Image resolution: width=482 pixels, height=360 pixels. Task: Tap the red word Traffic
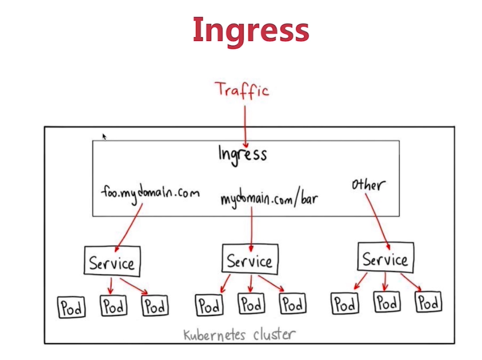tap(243, 90)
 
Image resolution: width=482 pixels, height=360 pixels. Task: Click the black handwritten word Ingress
tap(243, 153)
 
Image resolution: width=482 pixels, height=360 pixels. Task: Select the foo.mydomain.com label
tap(149, 193)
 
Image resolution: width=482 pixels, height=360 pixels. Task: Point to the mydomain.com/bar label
tap(269, 199)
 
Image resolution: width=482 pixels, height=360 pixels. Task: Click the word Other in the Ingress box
tap(368, 184)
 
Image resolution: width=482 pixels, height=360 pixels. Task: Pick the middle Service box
tap(250, 259)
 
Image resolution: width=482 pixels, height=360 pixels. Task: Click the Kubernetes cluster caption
tap(239, 335)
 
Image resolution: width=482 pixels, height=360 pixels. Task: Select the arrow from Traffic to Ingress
tap(245, 126)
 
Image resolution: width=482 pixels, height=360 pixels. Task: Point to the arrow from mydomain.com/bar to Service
tap(251, 224)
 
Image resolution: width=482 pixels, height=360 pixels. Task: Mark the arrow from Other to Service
tap(378, 216)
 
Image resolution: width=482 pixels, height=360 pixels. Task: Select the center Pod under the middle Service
tap(251, 304)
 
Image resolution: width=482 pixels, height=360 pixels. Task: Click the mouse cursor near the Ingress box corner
tap(104, 136)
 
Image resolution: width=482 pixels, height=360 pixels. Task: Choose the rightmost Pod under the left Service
tap(155, 306)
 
